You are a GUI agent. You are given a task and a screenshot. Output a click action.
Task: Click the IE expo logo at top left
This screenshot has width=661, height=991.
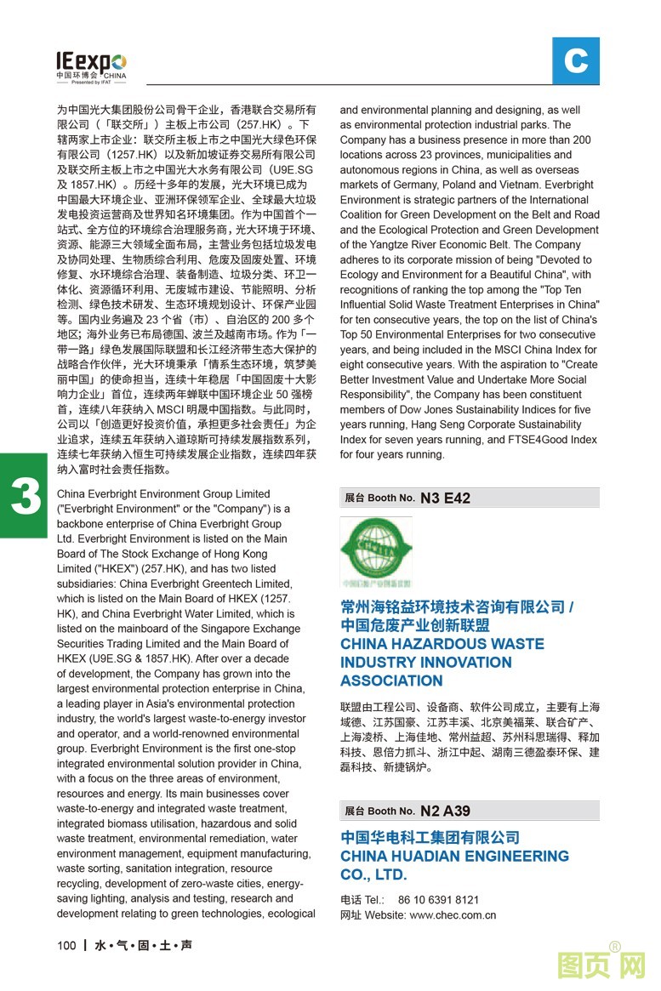[x=91, y=65]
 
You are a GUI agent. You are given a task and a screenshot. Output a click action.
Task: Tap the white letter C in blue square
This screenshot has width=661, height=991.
[x=575, y=61]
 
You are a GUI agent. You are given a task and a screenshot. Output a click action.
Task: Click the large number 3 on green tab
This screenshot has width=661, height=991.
[x=26, y=497]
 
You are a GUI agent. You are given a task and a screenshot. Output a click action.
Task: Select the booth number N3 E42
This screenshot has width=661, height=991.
[x=445, y=498]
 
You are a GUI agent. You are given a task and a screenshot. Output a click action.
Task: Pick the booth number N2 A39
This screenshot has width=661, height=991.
[x=445, y=811]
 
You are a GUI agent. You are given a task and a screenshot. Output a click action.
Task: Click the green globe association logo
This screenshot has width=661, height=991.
[x=375, y=550]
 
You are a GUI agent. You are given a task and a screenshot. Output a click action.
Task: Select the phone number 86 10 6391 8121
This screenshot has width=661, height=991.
[x=439, y=900]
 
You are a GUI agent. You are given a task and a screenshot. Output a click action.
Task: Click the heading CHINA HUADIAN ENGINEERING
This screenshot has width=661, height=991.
[x=454, y=856]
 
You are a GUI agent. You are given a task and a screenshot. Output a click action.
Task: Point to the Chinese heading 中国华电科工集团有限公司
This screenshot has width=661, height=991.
[x=430, y=837]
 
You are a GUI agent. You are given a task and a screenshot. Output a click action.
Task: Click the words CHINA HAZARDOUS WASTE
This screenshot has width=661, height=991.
[x=442, y=644]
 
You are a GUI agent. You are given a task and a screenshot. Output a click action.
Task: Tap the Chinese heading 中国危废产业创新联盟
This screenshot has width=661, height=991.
[x=414, y=625]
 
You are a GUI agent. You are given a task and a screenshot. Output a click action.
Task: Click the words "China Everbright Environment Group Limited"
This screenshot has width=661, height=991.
[x=162, y=494]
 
